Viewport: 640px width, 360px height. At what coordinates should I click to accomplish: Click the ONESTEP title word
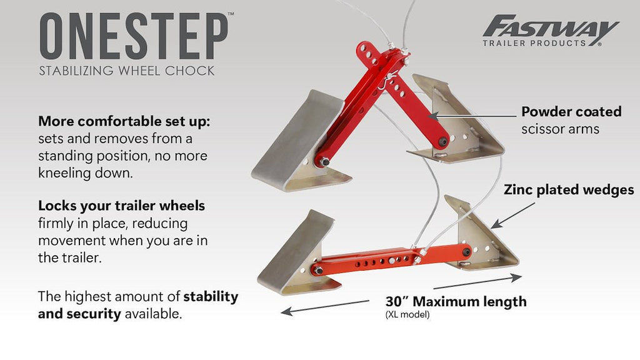click(x=134, y=36)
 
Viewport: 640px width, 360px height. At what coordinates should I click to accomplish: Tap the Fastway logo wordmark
click(x=551, y=26)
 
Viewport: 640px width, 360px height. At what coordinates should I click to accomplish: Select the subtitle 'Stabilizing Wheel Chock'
click(x=126, y=71)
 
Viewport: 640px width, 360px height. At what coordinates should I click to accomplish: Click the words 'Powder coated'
click(x=571, y=111)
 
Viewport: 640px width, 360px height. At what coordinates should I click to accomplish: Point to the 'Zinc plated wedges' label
click(x=569, y=190)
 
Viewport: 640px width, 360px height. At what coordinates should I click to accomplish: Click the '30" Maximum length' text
click(x=456, y=302)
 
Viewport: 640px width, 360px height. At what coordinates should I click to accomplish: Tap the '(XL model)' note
click(x=407, y=315)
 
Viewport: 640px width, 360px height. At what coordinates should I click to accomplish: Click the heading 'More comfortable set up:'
click(x=124, y=121)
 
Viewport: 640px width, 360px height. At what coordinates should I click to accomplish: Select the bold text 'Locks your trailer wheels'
click(x=122, y=206)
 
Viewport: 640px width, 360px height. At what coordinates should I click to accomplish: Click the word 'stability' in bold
click(x=211, y=297)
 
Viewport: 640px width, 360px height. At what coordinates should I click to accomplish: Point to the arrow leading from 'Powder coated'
click(x=472, y=116)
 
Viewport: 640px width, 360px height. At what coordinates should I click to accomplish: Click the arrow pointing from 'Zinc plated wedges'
click(x=512, y=216)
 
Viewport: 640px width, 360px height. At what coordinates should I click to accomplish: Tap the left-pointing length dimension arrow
click(x=325, y=307)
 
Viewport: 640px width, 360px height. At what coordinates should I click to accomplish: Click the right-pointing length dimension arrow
click(x=477, y=282)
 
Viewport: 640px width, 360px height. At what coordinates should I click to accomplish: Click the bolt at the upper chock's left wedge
click(x=324, y=162)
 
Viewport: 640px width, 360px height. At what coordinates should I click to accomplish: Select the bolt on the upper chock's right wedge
click(x=443, y=142)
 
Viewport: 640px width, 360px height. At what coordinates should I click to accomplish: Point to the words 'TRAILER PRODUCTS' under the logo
click(x=534, y=43)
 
